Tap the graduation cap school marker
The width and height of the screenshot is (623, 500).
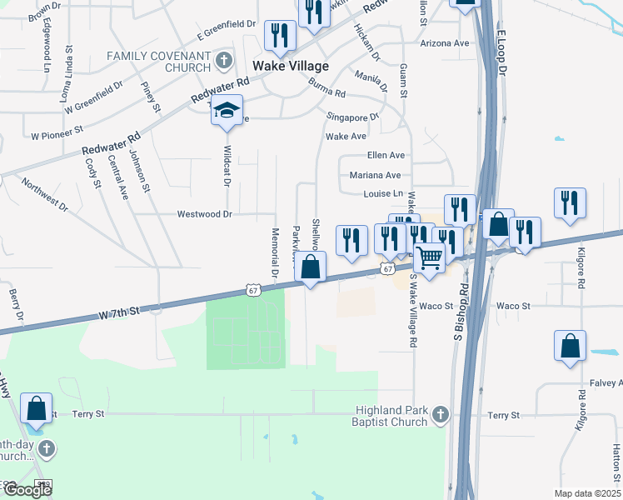point(226,112)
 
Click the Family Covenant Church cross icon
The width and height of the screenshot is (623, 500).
point(223,60)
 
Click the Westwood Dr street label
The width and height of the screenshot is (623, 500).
point(203,214)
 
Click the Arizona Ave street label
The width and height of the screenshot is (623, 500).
point(446,42)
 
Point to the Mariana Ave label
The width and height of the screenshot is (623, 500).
point(376,175)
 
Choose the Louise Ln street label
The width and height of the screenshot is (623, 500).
point(382,194)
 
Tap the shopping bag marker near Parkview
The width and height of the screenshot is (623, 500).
point(310,268)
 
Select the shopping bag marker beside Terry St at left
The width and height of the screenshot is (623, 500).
point(37,409)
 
